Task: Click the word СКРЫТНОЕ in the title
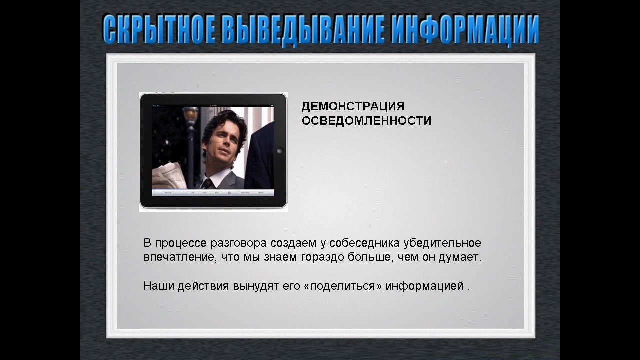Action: coord(159,30)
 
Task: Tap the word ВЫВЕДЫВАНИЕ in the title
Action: coord(303,30)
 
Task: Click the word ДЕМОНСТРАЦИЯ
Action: coord(353,106)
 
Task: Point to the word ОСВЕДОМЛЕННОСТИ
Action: coord(366,121)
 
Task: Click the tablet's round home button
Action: coord(279,151)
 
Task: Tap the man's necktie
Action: coord(208,183)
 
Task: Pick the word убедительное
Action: coord(442,243)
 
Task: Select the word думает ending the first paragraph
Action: coord(460,257)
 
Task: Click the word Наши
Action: coord(159,286)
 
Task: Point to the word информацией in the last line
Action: coord(425,286)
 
